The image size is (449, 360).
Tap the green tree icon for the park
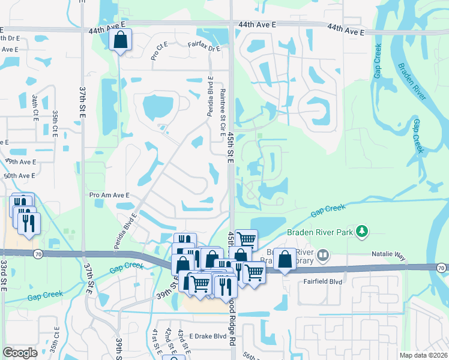coord(361,230)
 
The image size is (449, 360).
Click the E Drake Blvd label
coord(207,336)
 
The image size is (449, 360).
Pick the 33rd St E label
coord(4,275)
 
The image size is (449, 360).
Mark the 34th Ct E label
coord(35,107)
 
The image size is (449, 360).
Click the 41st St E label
coord(155,343)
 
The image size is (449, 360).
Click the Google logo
coord(19,352)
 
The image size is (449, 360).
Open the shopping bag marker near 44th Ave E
coord(120,40)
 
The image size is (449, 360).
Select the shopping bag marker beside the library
coord(286,260)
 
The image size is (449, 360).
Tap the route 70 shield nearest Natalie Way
coord(441,267)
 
